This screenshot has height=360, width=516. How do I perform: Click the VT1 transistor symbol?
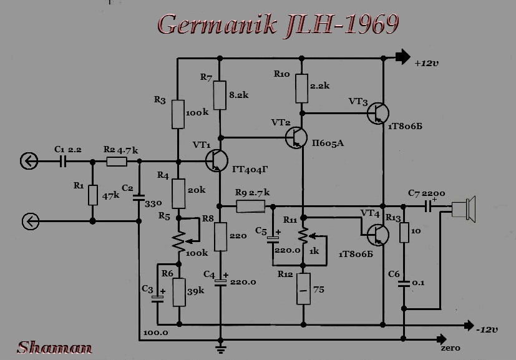coord(217,160)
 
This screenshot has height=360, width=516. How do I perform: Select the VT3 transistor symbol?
coord(378,113)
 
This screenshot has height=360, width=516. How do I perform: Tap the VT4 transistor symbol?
coord(378,235)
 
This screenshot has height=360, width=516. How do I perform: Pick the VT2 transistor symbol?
coord(296,137)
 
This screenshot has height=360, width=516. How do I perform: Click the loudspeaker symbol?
coord(464,209)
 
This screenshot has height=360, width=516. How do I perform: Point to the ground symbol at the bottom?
coord(220,349)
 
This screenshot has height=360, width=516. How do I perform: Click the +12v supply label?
coord(427,63)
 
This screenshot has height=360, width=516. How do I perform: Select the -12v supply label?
coord(487,329)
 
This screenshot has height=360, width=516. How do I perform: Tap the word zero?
coord(450,348)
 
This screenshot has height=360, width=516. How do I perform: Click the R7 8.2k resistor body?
coord(220,95)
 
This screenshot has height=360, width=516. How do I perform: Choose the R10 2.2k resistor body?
coord(302,89)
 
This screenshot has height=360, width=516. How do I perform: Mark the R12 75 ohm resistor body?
coord(303,289)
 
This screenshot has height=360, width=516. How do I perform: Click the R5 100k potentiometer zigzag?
coord(178,241)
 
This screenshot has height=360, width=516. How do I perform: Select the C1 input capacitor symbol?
coord(63,161)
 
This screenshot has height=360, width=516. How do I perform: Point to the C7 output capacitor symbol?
coord(428,207)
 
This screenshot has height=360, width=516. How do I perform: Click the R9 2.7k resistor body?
coord(251,207)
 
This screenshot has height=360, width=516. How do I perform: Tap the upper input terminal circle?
coord(29,161)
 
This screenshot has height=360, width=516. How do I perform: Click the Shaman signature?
coord(54,348)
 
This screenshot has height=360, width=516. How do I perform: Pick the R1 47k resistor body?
coord(93,195)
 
